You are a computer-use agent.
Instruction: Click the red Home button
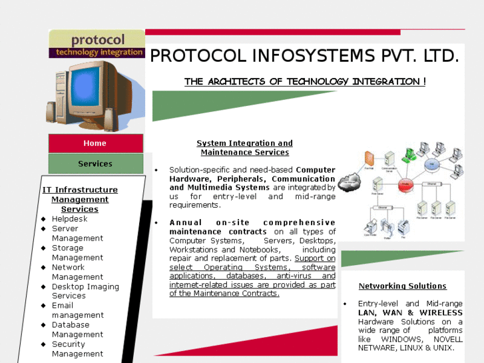(95, 143)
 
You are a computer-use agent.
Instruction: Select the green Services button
(95, 164)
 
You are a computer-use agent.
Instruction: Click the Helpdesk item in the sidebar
(69, 218)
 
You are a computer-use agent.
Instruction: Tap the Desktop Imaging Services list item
(85, 291)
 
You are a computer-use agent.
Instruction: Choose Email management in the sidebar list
(77, 310)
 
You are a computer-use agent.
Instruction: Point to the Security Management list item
(77, 349)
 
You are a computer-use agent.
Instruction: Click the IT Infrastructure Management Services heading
(80, 199)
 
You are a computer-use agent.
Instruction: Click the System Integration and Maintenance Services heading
(244, 147)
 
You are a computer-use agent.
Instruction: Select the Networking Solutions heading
(402, 286)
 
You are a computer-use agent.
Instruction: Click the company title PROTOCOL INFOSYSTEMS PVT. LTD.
(304, 56)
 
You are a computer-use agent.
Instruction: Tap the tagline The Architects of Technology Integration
(305, 82)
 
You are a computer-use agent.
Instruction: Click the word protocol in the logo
(98, 41)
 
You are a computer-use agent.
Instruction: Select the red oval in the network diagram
(406, 186)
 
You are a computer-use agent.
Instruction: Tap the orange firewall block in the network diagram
(369, 161)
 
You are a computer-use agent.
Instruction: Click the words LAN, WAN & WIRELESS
(410, 312)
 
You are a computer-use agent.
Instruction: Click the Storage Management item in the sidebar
(77, 252)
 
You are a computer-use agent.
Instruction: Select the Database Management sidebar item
(77, 330)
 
